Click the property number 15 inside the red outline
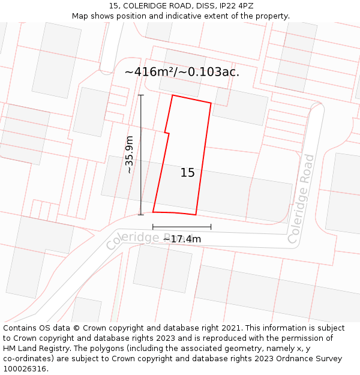[187, 173]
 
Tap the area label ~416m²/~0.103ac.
[182, 72]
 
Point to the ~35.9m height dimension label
[129, 155]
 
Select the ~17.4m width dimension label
[182, 239]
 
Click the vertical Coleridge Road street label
[302, 199]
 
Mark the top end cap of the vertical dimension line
[141, 95]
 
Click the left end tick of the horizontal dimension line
[153, 227]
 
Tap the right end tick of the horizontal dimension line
[211, 227]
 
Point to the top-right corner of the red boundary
[211, 103]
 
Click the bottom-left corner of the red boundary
[153, 212]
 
